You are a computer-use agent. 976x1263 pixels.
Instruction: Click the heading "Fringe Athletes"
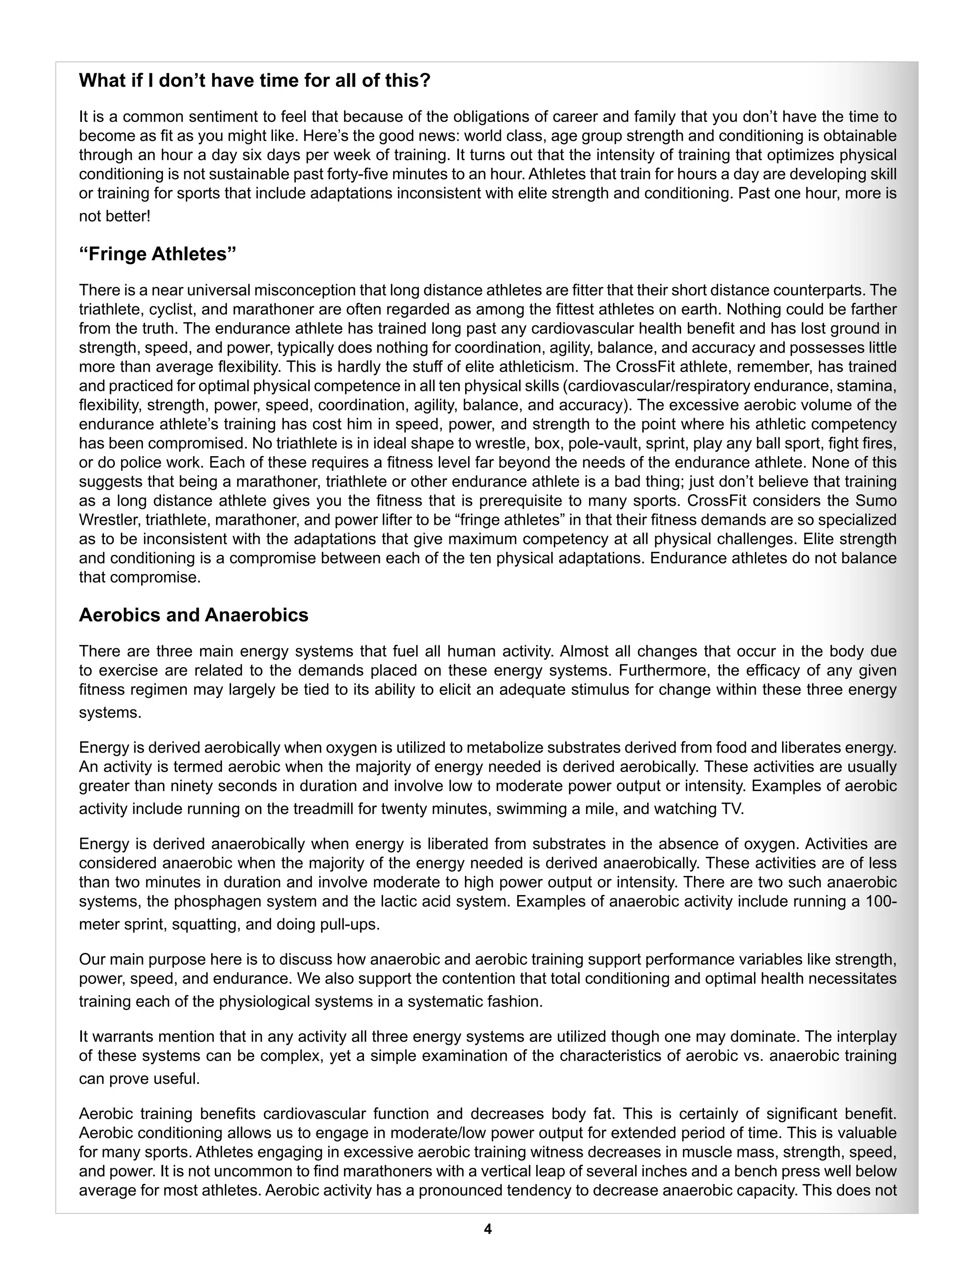coord(157,255)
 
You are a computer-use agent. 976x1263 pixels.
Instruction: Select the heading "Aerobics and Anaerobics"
coord(193,615)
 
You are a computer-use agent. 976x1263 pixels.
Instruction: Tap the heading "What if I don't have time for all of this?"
coord(254,81)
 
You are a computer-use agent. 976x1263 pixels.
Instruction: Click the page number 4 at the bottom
coord(488,1229)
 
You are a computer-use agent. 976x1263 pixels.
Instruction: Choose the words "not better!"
coord(114,216)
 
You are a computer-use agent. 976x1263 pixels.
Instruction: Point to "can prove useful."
coord(139,1079)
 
